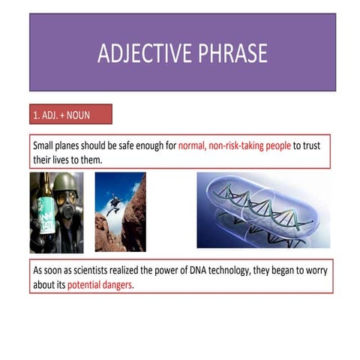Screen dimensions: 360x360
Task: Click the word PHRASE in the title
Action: point(232,54)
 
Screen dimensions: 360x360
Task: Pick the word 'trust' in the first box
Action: point(307,145)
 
